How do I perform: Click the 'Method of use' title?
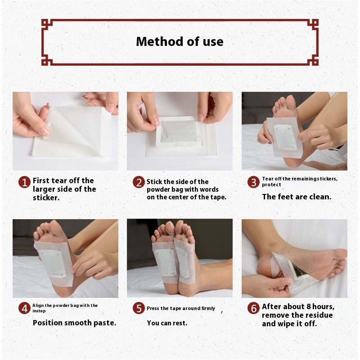(x=180, y=41)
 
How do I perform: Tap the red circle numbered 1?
(x=24, y=182)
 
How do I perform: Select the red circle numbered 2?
(x=139, y=182)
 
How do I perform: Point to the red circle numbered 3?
(x=253, y=182)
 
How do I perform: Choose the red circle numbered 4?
(x=24, y=308)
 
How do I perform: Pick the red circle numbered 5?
(x=139, y=308)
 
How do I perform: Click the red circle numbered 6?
(x=253, y=308)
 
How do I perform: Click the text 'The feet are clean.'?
(x=297, y=197)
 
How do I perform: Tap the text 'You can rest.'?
(x=167, y=323)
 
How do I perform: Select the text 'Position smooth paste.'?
(x=74, y=323)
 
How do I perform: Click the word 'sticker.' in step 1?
(x=46, y=198)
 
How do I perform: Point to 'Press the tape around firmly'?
(x=181, y=308)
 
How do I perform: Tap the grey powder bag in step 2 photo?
(x=179, y=131)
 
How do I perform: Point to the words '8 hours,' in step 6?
(x=320, y=307)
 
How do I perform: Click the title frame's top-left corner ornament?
(x=47, y=25)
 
